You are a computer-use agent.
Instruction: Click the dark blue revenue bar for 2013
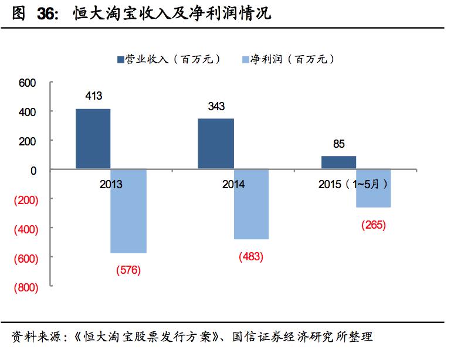tap(93, 139)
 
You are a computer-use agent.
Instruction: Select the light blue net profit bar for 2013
tap(128, 211)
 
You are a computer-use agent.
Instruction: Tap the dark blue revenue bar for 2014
tap(215, 144)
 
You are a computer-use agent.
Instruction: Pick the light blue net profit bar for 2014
tap(251, 205)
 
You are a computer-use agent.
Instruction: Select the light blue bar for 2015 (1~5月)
tap(373, 188)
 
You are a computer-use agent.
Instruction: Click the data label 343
tap(216, 107)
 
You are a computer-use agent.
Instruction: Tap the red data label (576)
tap(128, 270)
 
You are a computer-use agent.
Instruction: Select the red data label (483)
tap(251, 256)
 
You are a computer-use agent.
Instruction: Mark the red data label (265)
tap(374, 225)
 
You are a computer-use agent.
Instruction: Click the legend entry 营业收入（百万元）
tap(171, 59)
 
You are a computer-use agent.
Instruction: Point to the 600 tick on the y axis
tap(28, 83)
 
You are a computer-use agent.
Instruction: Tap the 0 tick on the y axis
tap(33, 171)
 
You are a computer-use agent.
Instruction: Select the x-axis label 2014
tap(233, 184)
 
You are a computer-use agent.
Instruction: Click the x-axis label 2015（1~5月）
tap(353, 184)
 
